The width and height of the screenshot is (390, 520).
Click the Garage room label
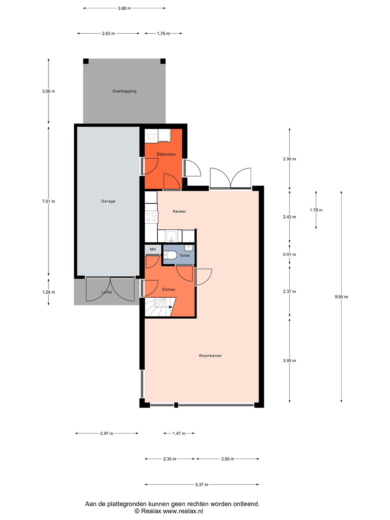(108, 201)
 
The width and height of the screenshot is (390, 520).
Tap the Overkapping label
(124, 91)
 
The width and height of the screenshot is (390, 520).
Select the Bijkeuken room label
(166, 154)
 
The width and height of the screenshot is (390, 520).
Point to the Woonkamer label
(210, 356)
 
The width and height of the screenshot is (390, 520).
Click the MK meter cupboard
(153, 249)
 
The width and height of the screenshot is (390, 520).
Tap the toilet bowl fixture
(170, 255)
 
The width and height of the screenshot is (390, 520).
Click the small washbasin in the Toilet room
(189, 248)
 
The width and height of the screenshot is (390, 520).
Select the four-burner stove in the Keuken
(151, 217)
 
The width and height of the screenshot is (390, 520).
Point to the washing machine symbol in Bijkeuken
(151, 136)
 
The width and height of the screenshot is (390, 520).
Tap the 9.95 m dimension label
(341, 297)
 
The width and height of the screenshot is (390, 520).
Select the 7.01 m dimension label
(48, 201)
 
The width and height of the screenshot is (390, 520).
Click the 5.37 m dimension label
(202, 485)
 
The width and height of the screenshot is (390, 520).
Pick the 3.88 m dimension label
(124, 8)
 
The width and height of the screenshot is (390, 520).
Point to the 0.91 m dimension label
(289, 255)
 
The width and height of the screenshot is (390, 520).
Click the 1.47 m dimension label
(179, 433)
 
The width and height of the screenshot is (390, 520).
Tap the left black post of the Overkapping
(86, 61)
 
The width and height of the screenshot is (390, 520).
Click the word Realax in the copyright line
(151, 511)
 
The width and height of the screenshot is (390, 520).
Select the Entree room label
(169, 289)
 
